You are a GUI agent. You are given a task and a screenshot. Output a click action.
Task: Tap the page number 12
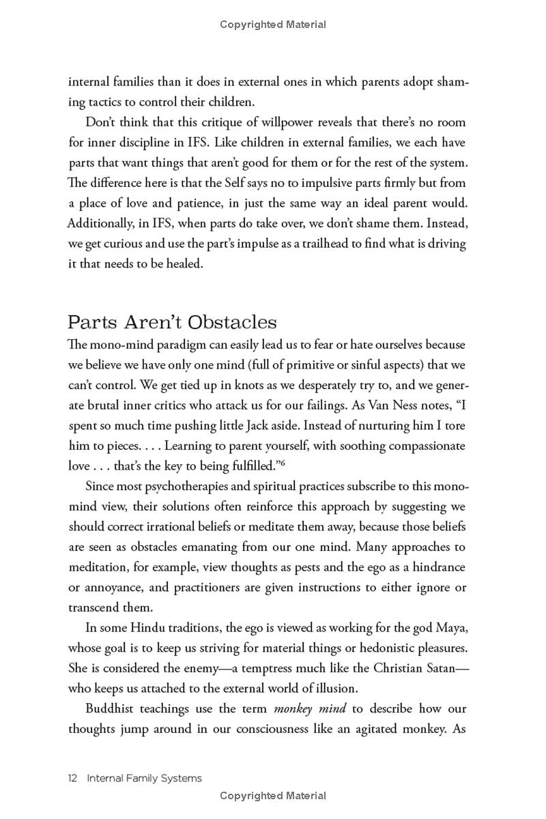tap(74, 778)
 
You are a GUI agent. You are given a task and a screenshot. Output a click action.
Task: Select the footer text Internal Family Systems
tap(145, 778)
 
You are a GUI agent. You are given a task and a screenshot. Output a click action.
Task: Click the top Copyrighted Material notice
tap(273, 25)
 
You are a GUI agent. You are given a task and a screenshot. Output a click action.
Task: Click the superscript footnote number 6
tap(281, 463)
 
